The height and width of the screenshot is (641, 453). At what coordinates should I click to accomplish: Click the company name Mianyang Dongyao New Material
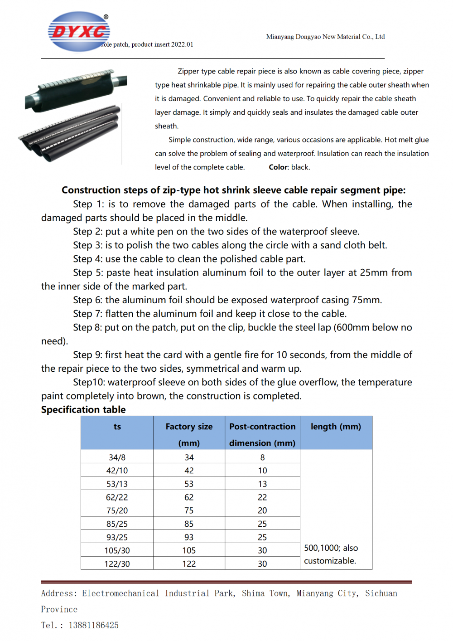[325, 37]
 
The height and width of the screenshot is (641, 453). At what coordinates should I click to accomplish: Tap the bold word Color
[278, 167]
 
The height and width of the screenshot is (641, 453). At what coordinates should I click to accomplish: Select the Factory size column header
[189, 434]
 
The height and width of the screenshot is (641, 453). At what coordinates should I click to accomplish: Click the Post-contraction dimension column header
[262, 434]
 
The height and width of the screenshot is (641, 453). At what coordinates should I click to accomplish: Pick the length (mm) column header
[336, 427]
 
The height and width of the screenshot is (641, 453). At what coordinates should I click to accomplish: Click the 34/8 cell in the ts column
[117, 457]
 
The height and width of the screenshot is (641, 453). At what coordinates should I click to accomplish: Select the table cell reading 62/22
[117, 497]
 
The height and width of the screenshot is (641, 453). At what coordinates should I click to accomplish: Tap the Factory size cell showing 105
[189, 550]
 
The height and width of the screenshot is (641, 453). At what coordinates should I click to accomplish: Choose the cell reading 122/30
[117, 564]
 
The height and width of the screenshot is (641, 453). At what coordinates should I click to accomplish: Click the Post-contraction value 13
[262, 484]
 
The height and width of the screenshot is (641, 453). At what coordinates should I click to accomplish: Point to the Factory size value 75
[189, 510]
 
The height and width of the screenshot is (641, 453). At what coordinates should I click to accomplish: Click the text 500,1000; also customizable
[331, 554]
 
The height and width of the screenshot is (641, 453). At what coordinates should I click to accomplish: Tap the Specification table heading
[83, 410]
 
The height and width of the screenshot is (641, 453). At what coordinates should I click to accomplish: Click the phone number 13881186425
[94, 625]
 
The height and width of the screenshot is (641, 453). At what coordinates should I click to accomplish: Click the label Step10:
[89, 382]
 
